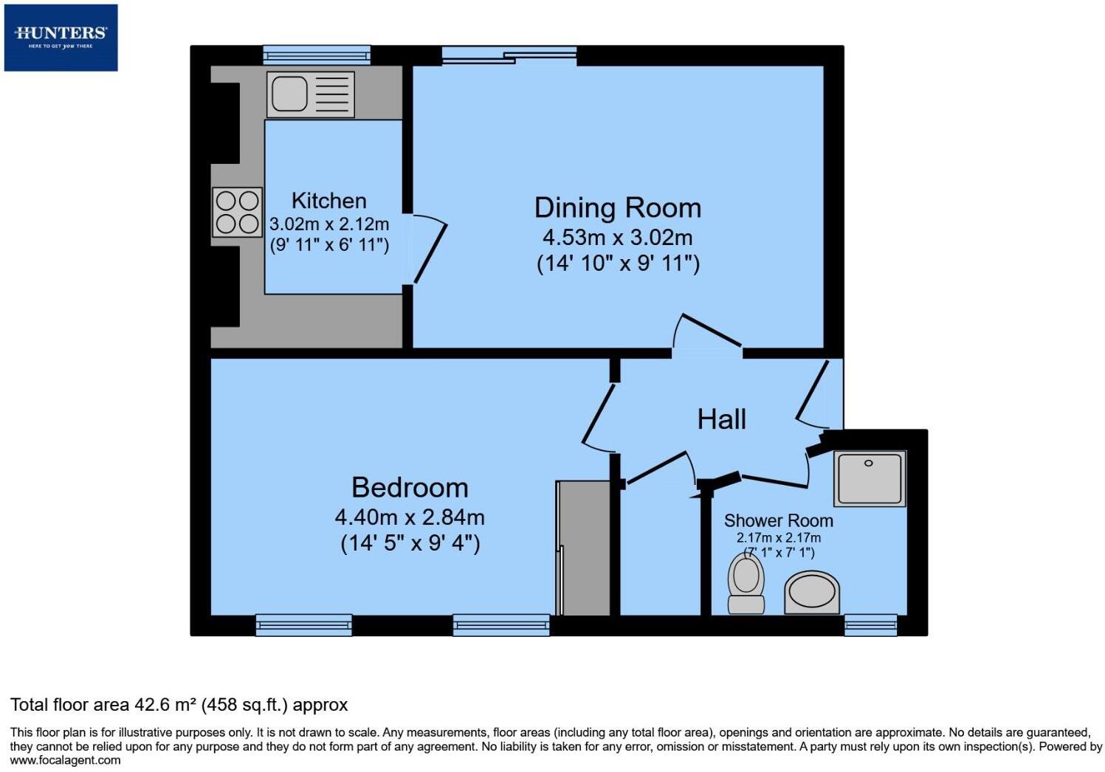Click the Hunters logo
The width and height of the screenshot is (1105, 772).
point(61,37)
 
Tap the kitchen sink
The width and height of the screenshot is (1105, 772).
point(310,94)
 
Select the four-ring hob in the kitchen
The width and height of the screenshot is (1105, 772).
point(237,212)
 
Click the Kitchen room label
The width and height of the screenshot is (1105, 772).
point(328,201)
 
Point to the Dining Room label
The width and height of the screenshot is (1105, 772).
point(617,207)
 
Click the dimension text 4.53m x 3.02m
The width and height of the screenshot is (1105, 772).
point(617,238)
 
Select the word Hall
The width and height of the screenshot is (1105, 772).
point(721,419)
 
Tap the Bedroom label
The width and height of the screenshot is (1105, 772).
point(410,488)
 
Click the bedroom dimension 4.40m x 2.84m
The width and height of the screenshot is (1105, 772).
point(410,517)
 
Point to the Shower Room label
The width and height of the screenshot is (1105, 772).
point(778,520)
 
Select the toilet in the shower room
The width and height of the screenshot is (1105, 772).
point(746,584)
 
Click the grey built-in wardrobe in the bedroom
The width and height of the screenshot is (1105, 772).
point(584,548)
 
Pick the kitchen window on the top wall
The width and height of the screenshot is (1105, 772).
point(317,55)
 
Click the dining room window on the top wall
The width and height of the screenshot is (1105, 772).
point(509,55)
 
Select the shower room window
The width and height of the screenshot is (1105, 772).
point(870,625)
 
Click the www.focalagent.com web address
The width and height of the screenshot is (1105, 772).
point(65,760)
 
